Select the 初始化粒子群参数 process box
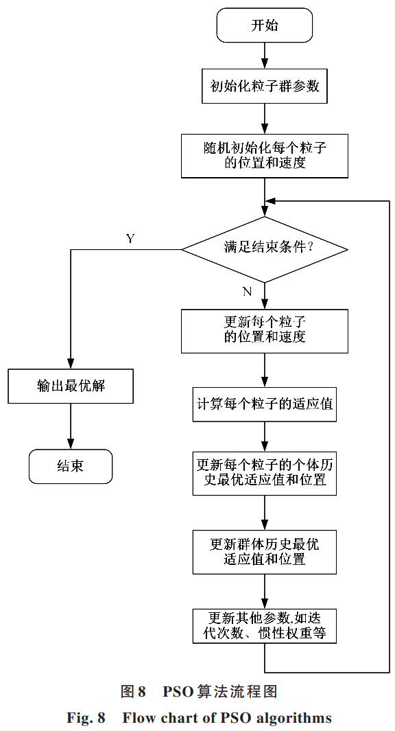264,87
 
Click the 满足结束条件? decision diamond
264,248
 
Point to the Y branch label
130,239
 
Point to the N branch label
247,292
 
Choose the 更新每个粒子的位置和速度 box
264,329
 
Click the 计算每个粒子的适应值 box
264,404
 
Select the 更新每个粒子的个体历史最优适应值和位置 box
264,472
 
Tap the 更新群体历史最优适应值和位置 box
264,551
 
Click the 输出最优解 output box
71,386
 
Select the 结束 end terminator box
71,465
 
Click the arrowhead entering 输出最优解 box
71,363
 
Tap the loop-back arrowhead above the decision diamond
270,201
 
